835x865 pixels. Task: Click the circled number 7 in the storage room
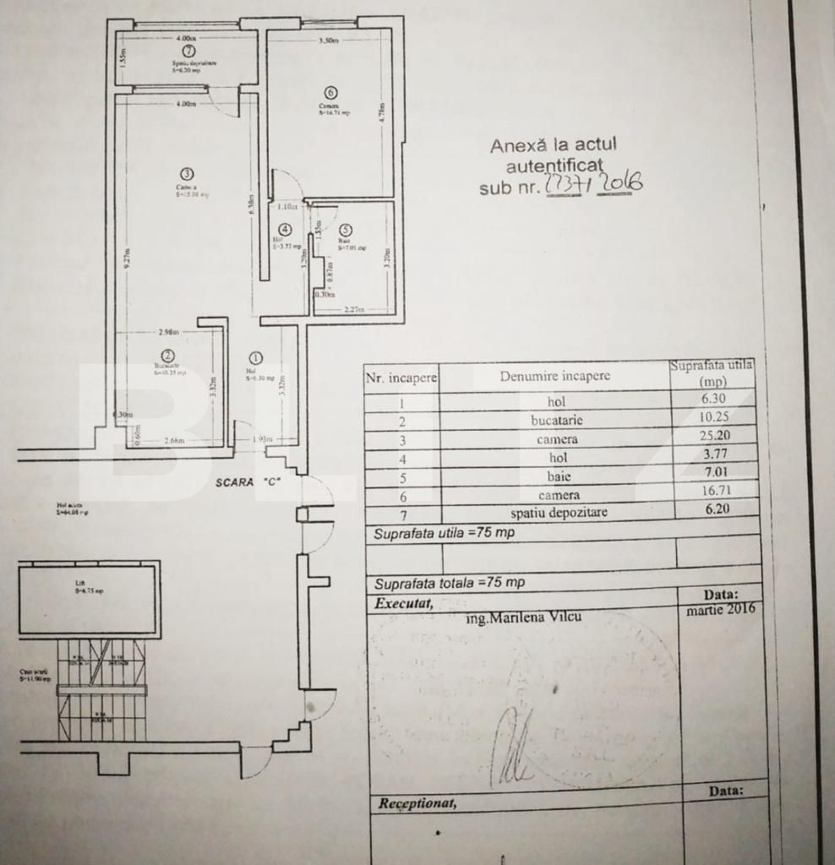coord(188,51)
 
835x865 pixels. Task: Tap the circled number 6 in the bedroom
coord(330,92)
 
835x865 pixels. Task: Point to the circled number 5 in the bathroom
coord(345,229)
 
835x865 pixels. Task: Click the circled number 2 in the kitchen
coord(168,356)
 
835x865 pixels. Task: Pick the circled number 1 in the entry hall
coord(257,358)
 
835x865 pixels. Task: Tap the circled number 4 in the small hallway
coord(285,229)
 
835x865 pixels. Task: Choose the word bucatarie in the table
coord(557,420)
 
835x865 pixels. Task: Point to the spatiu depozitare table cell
coord(558,512)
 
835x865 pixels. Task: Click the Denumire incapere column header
coord(554,375)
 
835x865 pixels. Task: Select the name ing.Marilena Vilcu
coord(523,617)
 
